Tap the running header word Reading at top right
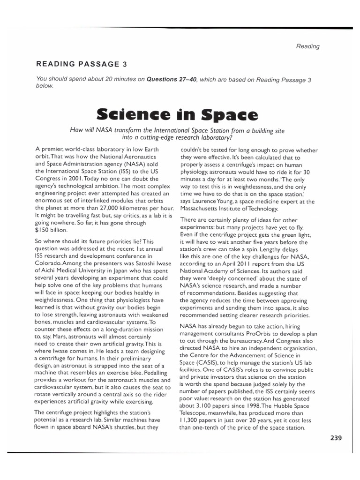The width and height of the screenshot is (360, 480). click(x=307, y=46)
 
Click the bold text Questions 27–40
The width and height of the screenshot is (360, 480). click(x=172, y=80)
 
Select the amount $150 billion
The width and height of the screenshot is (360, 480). click(x=52, y=230)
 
